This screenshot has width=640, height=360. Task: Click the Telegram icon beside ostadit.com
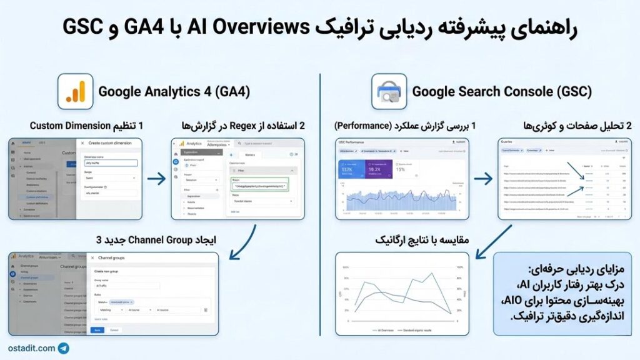[x=64, y=348]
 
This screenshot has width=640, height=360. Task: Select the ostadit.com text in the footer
[x=31, y=348]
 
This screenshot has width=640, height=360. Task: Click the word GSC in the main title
[x=84, y=27]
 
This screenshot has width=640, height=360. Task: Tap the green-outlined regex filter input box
[x=259, y=186]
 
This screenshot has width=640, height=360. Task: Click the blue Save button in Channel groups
[x=97, y=329]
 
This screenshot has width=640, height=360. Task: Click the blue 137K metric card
[x=351, y=169]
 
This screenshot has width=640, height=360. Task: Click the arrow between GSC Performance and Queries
[x=483, y=179]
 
